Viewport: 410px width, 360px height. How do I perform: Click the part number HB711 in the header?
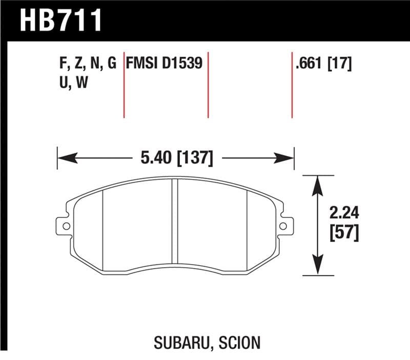point(61,21)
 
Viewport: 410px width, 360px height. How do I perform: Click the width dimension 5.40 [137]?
point(175,157)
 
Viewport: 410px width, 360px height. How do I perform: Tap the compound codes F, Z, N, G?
point(88,64)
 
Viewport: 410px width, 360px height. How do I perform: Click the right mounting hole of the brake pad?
point(283,225)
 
